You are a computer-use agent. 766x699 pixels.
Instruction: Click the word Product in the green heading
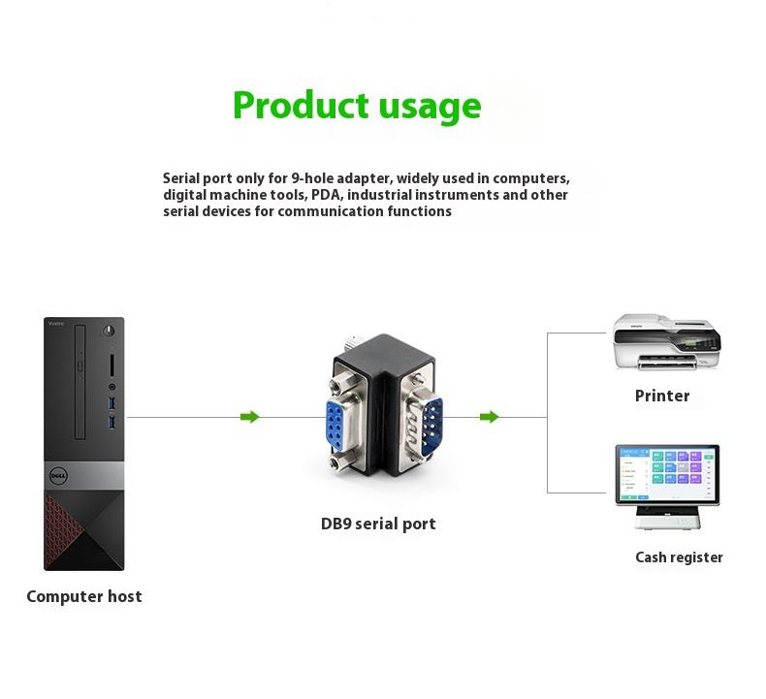(300, 105)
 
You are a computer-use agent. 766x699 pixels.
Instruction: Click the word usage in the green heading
(428, 107)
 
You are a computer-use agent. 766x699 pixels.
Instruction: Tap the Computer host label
(84, 596)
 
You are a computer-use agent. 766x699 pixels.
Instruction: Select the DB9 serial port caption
(378, 524)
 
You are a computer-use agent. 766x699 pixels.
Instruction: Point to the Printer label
(662, 396)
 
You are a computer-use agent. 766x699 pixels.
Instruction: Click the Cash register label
(679, 557)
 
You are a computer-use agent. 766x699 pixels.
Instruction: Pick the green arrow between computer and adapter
(250, 417)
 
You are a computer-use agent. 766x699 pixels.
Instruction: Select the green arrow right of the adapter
(490, 417)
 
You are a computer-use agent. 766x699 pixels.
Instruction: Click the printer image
(667, 343)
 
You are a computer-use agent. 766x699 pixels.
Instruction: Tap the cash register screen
(667, 474)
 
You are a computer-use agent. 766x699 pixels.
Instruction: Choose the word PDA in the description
(329, 195)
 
